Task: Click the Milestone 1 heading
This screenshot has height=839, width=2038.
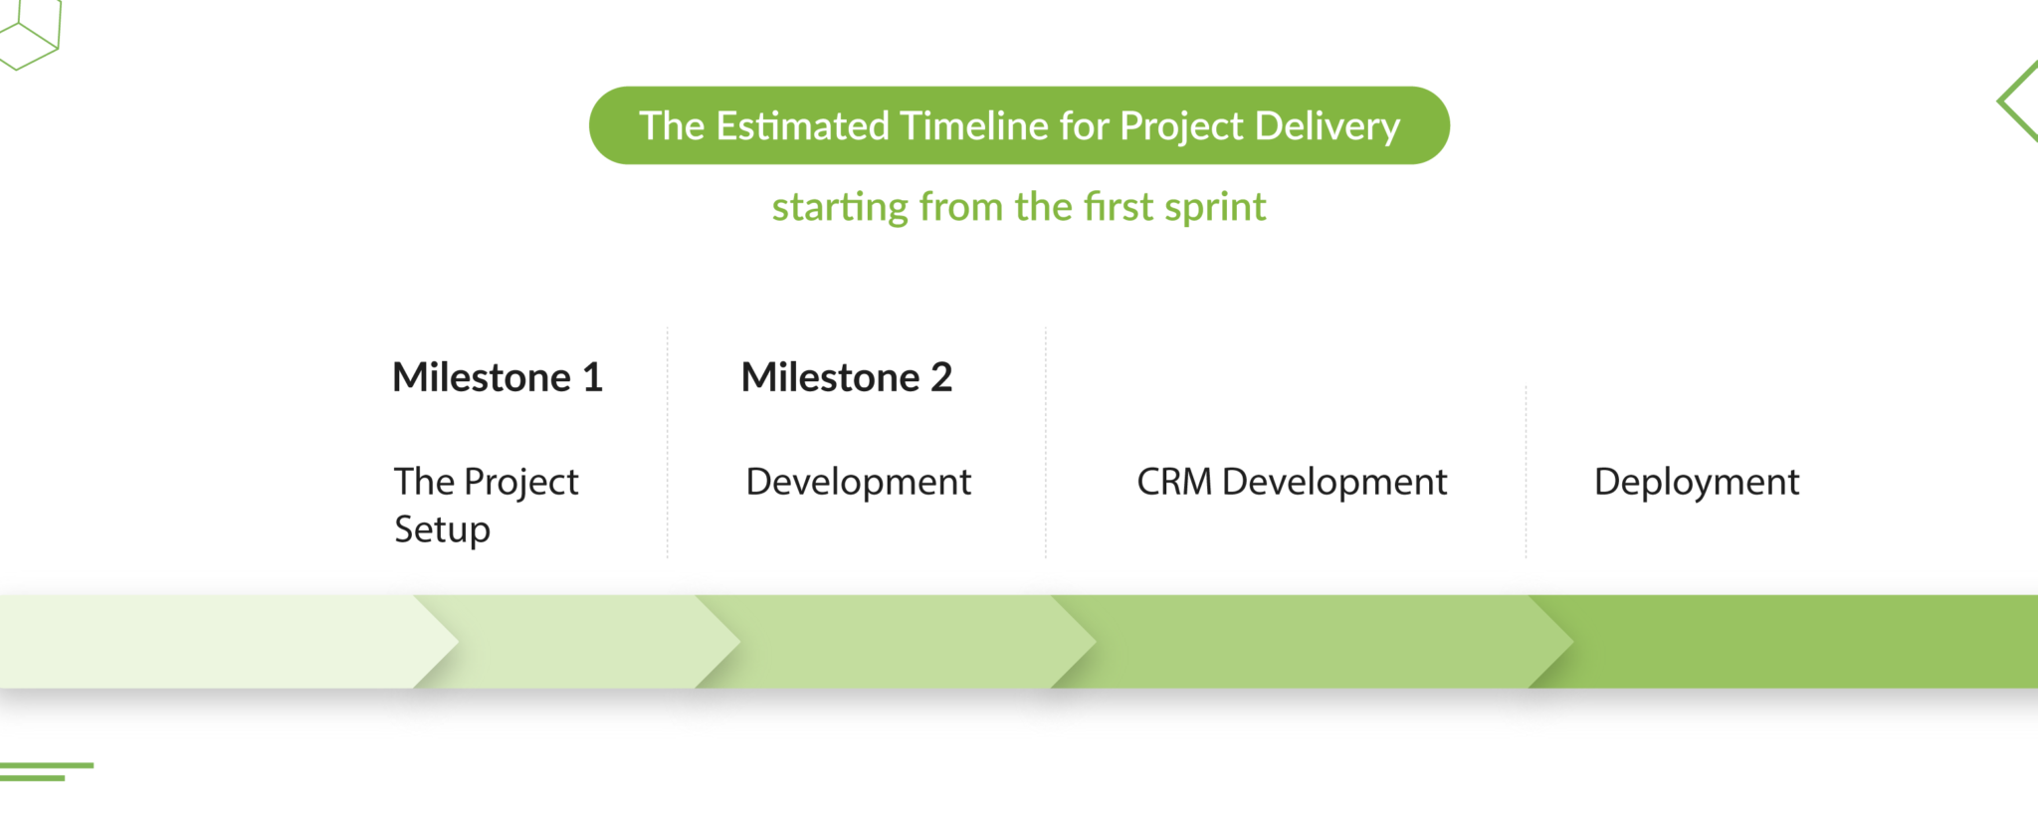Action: tap(498, 378)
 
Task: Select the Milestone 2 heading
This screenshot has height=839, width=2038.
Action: tap(847, 378)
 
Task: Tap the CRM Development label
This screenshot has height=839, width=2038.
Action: tap(1292, 483)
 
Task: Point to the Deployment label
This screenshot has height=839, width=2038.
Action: tap(1697, 483)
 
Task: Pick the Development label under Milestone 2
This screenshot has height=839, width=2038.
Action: tap(858, 483)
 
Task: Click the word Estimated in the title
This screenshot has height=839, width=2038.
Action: tap(802, 126)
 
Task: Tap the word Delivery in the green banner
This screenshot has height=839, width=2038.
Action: tap(1327, 126)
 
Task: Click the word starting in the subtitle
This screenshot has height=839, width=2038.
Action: tap(840, 208)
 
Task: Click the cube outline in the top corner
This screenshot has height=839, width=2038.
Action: tap(30, 35)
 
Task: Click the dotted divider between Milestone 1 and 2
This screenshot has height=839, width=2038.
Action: tap(668, 443)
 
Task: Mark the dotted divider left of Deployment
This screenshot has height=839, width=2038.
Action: tap(1526, 473)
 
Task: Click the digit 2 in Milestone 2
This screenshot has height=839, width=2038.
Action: tap(941, 378)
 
